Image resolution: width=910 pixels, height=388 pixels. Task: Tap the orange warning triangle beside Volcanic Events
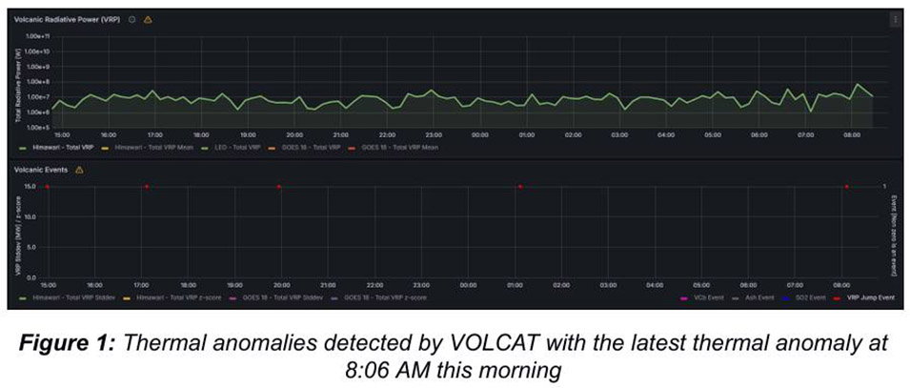pos(79,170)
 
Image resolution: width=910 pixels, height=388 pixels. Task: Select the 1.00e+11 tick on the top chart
pos(36,36)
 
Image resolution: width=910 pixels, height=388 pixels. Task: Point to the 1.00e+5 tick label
pos(36,127)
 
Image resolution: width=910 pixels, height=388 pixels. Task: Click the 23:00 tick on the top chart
pos(433,134)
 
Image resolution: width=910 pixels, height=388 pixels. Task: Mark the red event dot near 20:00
pos(278,187)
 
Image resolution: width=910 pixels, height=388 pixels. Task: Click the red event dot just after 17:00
pos(146,187)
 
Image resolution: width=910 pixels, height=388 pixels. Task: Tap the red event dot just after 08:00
pos(845,187)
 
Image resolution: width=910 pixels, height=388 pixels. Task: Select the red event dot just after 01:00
pos(519,187)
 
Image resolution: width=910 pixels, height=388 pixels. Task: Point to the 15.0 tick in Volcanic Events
pos(30,187)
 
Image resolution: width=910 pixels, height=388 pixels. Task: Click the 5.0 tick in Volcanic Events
pos(30,247)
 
